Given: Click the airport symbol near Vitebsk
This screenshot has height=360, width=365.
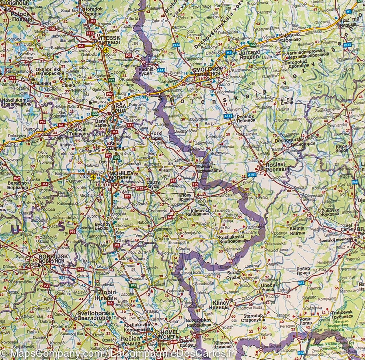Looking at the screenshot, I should [x=106, y=50].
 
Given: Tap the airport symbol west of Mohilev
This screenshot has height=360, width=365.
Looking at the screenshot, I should [x=93, y=176].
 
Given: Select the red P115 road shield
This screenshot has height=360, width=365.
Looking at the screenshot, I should [x=89, y=33].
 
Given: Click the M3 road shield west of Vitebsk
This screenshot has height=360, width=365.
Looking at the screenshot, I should [x=81, y=46].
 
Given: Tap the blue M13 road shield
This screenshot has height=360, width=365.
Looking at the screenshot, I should [x=301, y=283].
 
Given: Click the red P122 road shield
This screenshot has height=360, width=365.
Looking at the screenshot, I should [x=140, y=188].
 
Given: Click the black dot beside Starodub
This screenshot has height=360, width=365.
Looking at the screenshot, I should [x=264, y=320].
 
